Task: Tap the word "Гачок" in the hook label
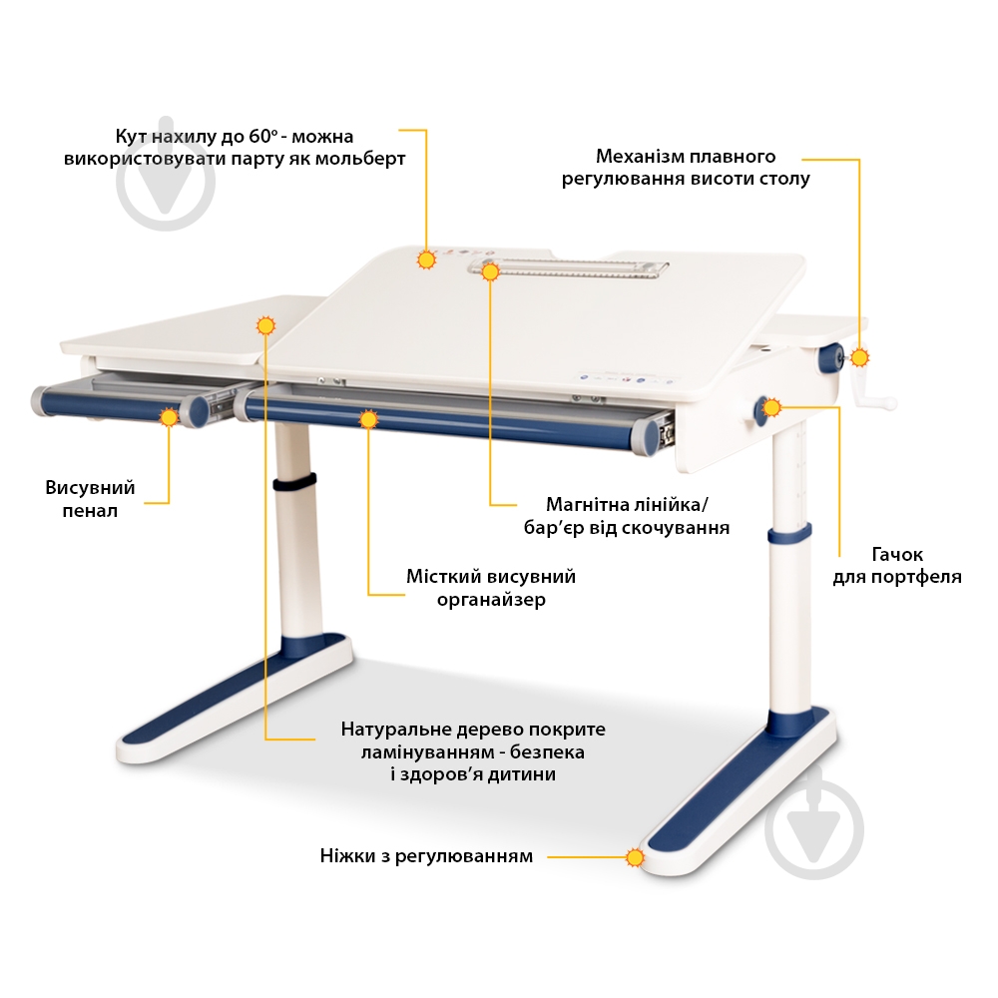897,555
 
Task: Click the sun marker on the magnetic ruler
490,271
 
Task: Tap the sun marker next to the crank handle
860,357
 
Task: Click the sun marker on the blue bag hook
772,407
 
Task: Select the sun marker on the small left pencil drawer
169,417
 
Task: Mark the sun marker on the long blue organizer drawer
368,419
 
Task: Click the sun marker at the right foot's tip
635,857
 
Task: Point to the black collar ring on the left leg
294,482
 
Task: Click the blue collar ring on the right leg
789,533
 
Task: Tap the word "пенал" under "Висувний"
90,511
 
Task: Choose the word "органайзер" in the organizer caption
491,600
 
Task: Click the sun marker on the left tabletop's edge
265,326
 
